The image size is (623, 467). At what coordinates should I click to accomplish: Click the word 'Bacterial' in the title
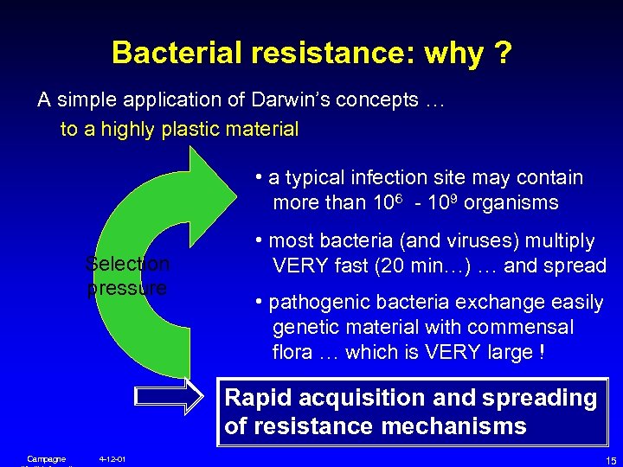click(177, 54)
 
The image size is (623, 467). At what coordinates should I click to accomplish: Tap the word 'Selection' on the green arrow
click(128, 263)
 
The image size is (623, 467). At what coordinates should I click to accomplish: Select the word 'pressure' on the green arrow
click(126, 288)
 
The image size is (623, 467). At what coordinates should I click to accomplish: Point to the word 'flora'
click(292, 353)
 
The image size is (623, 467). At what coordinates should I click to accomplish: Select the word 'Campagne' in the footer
click(47, 457)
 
